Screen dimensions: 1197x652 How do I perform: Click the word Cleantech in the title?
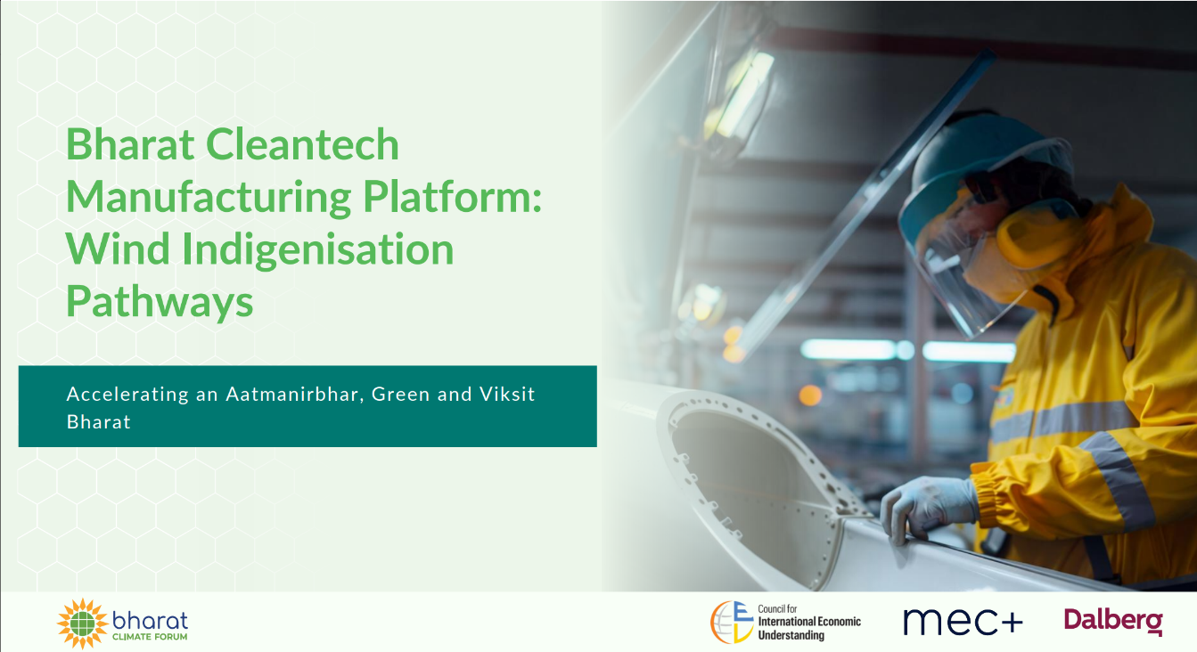pyautogui.click(x=302, y=144)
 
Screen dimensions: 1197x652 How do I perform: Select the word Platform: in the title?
pyautogui.click(x=452, y=196)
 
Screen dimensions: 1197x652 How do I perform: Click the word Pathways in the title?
pyautogui.click(x=160, y=302)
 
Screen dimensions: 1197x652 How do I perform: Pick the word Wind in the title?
pyautogui.click(x=119, y=249)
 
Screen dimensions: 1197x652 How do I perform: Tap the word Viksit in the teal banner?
pyautogui.click(x=507, y=394)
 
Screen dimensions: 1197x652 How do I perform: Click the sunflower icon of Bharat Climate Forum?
pyautogui.click(x=83, y=623)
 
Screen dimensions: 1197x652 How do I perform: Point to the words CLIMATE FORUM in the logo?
pyautogui.click(x=150, y=637)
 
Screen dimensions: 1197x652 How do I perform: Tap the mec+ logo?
pyautogui.click(x=963, y=622)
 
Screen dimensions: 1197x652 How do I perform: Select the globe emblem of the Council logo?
pyautogui.click(x=732, y=622)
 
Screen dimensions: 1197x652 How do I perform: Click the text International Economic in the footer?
pyautogui.click(x=809, y=622)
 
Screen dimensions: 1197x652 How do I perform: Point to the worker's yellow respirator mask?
pyautogui.click(x=1015, y=251)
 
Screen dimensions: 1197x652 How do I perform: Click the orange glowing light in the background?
pyautogui.click(x=810, y=395)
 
